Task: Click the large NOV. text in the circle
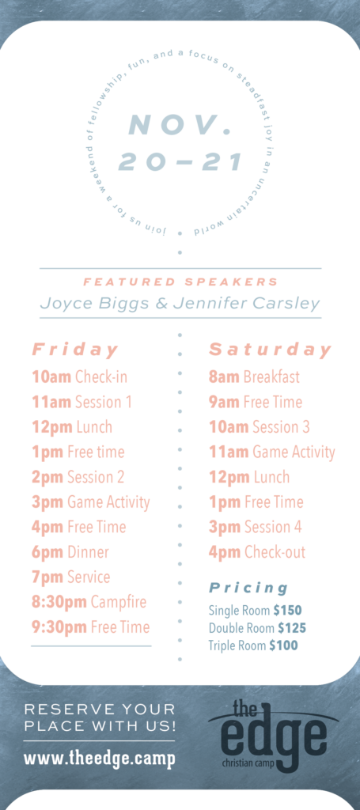coord(179,125)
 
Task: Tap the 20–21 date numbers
coord(180,161)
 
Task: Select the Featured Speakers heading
coord(180,282)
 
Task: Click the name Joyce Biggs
coord(96,303)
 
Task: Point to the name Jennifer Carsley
coord(246,303)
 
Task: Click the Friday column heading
coord(75,350)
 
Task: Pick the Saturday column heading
coord(270,350)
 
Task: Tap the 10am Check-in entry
coord(80,377)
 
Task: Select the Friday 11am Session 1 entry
coord(81,402)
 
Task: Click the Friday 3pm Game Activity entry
coord(91,502)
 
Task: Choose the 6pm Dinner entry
coord(70,552)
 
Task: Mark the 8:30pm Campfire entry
coord(89,602)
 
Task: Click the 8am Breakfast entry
coord(254,377)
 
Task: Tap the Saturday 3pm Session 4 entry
coord(255,527)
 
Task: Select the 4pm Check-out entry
coord(257,552)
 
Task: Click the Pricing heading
coord(248,588)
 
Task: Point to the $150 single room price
coord(288,611)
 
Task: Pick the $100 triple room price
coord(283,645)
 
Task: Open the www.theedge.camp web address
coord(99,759)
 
